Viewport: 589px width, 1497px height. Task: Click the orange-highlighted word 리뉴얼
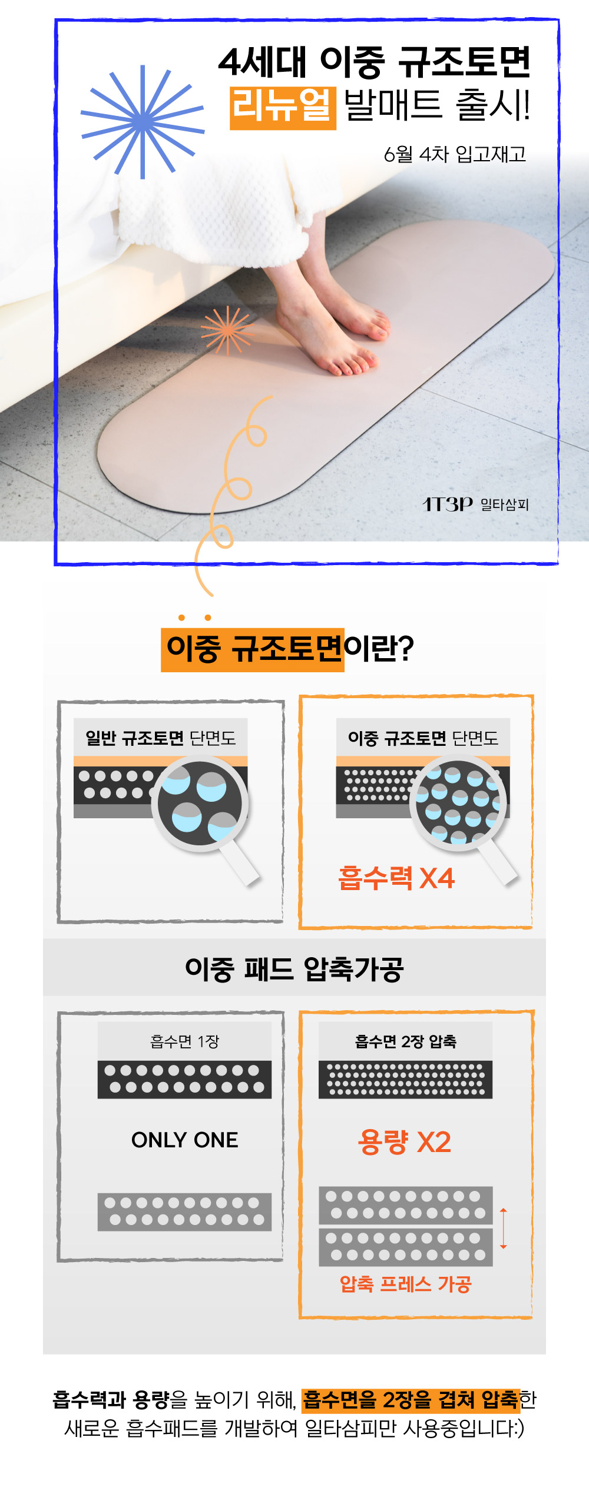[282, 107]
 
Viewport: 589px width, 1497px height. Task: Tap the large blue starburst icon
[143, 122]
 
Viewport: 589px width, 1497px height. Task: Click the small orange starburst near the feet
[227, 331]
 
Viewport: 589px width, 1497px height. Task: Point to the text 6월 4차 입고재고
[455, 154]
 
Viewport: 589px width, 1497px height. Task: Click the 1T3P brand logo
[448, 504]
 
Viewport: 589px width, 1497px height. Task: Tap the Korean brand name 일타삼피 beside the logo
[505, 504]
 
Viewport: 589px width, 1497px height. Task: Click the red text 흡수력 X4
[396, 878]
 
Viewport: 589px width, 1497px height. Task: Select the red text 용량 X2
[404, 1142]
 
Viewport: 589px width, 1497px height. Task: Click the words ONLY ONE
[185, 1140]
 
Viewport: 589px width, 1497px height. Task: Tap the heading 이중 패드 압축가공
[294, 969]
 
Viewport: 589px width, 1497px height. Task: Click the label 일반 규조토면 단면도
[160, 738]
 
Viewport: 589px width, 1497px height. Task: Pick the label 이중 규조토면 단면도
[423, 738]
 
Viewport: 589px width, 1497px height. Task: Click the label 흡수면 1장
[185, 1041]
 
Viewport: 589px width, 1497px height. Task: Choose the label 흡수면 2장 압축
[406, 1041]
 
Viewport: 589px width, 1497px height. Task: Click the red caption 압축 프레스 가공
[406, 1284]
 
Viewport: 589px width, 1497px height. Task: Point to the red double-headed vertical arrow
[503, 1229]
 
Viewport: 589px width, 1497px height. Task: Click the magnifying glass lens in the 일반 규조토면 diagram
[200, 804]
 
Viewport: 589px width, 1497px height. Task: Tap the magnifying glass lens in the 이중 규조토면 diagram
[458, 802]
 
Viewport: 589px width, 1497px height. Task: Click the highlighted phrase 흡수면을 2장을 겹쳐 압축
[411, 1400]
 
